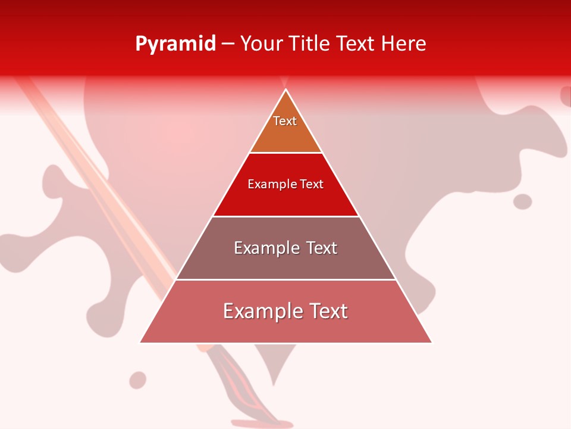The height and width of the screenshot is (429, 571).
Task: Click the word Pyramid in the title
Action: [x=175, y=44]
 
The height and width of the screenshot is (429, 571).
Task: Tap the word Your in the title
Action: [x=261, y=43]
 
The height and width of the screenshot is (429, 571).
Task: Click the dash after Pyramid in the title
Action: [x=228, y=44]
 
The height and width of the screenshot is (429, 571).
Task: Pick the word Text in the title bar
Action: [x=357, y=43]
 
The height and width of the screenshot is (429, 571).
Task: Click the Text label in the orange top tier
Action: [x=285, y=121]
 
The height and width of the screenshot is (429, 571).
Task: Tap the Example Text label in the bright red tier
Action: [x=285, y=184]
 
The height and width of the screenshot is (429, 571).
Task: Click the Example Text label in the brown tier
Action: [x=285, y=248]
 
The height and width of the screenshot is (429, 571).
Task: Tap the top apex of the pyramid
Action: [x=286, y=90]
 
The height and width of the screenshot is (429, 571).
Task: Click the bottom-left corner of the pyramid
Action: [x=141, y=342]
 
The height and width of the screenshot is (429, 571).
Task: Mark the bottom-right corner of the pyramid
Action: [x=431, y=342]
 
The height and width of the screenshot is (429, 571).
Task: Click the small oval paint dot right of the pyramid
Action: [x=522, y=201]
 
